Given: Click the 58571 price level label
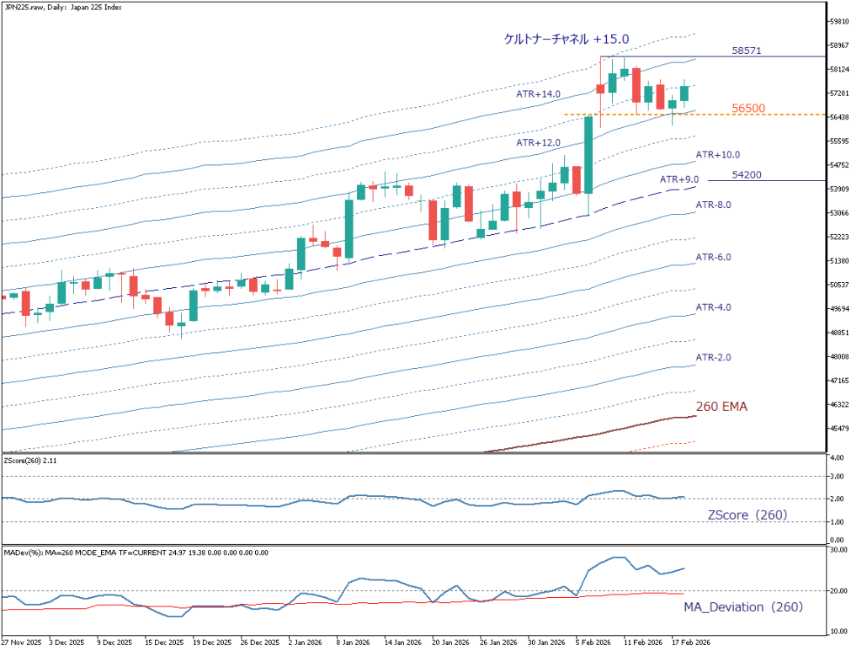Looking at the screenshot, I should [747, 51].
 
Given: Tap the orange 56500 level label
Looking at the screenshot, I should [748, 108].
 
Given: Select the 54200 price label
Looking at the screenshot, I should [748, 174].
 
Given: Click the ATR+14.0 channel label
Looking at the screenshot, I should [538, 94].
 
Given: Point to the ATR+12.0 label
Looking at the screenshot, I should [538, 144].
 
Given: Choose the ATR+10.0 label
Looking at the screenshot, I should [718, 155].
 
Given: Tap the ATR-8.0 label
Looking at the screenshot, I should [713, 205].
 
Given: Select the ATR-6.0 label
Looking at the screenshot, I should [713, 256].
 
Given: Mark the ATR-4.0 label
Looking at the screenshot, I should [713, 307].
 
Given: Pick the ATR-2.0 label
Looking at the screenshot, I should [713, 358].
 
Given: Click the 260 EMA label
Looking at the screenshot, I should [721, 406].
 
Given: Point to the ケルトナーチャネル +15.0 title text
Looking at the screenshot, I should [566, 39].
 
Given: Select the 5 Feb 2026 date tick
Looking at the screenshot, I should [594, 642].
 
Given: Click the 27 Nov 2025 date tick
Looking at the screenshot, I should [21, 642].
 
